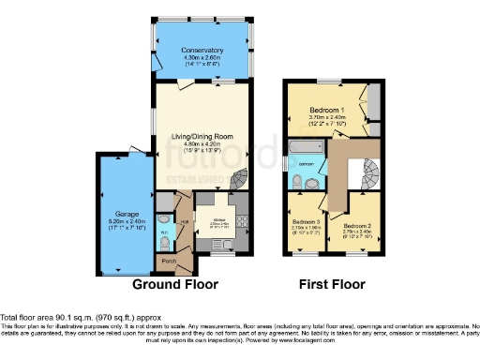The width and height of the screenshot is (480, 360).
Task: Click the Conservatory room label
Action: coord(202,50)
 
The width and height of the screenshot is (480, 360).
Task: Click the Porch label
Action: coord(169,260)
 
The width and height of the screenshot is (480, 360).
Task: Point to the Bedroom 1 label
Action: coord(327,110)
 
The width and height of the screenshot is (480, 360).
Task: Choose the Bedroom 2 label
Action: coord(356,226)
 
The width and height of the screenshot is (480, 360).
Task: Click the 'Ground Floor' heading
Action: coord(175,283)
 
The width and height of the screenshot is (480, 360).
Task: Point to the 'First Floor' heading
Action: coord(333,283)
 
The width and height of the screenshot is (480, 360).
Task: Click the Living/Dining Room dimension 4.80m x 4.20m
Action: coord(202,145)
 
